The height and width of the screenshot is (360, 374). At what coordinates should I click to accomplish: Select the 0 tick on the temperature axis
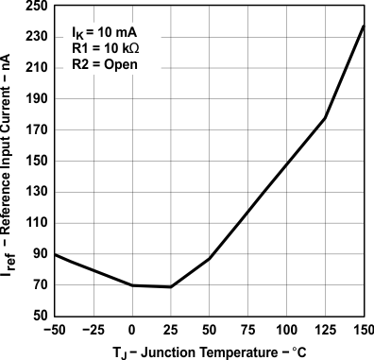(x=132, y=329)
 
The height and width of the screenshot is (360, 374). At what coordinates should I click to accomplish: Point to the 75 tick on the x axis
(x=247, y=329)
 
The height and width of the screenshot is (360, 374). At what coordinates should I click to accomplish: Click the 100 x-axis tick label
(x=286, y=329)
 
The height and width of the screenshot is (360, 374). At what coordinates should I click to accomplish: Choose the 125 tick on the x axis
(x=325, y=329)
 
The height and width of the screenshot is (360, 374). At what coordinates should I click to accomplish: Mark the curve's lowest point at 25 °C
(x=171, y=286)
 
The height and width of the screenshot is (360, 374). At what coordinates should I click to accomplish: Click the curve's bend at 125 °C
(x=325, y=118)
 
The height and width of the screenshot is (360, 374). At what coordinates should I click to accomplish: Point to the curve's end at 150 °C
(x=364, y=26)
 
